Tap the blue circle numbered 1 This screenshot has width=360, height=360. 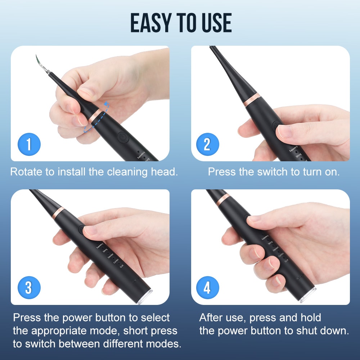29,145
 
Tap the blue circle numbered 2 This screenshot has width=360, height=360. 207,145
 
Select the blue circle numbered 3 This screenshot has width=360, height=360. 29,288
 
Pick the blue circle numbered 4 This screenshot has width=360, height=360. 207,288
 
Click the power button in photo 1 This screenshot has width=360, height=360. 122,138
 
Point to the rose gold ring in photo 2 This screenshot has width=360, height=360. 252,100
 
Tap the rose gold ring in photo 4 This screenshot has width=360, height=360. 223,199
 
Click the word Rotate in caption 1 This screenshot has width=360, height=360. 26,171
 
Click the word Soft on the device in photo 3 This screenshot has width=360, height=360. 122,267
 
